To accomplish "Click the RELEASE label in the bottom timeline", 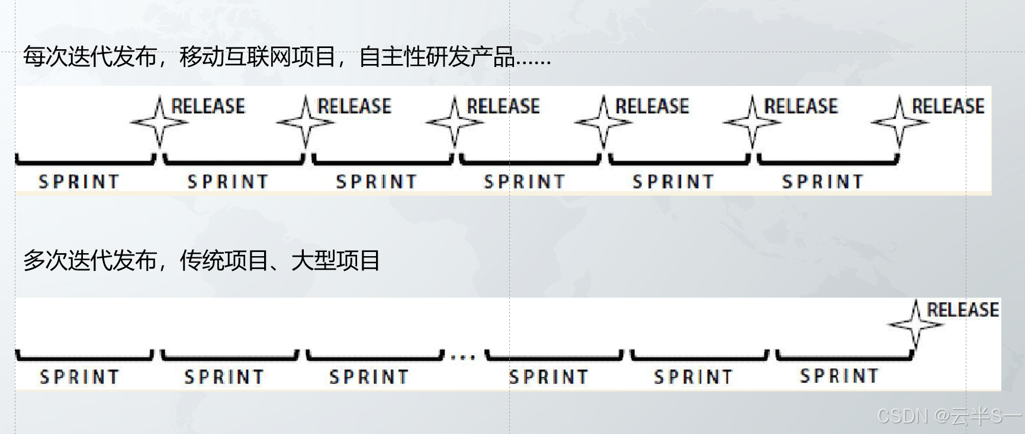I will click(962, 309).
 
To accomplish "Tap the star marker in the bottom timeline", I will click(915, 324).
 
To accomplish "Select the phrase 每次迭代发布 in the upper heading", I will click(89, 58).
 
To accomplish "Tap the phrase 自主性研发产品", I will click(436, 58).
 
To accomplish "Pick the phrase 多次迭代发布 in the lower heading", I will click(89, 261).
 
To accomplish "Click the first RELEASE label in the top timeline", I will click(208, 107).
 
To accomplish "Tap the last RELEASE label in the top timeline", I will click(948, 107).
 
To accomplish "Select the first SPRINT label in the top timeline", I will click(79, 181).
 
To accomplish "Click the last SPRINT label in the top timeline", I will click(822, 181).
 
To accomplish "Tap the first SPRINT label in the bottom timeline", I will click(79, 377).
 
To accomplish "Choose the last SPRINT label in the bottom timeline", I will click(838, 376).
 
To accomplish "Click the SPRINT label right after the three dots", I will click(548, 377).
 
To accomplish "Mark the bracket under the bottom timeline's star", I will click(844, 357).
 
